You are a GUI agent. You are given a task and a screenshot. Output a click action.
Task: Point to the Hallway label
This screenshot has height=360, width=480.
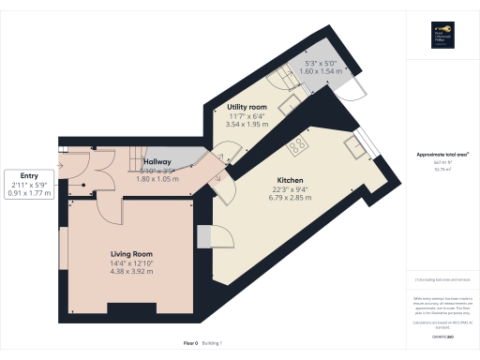(157, 162)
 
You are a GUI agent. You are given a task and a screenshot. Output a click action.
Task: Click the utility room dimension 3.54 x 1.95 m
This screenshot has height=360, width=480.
(248, 124)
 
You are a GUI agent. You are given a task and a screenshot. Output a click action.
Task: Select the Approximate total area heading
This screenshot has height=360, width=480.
(442, 154)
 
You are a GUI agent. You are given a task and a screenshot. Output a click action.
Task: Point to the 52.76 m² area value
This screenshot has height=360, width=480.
(441, 170)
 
